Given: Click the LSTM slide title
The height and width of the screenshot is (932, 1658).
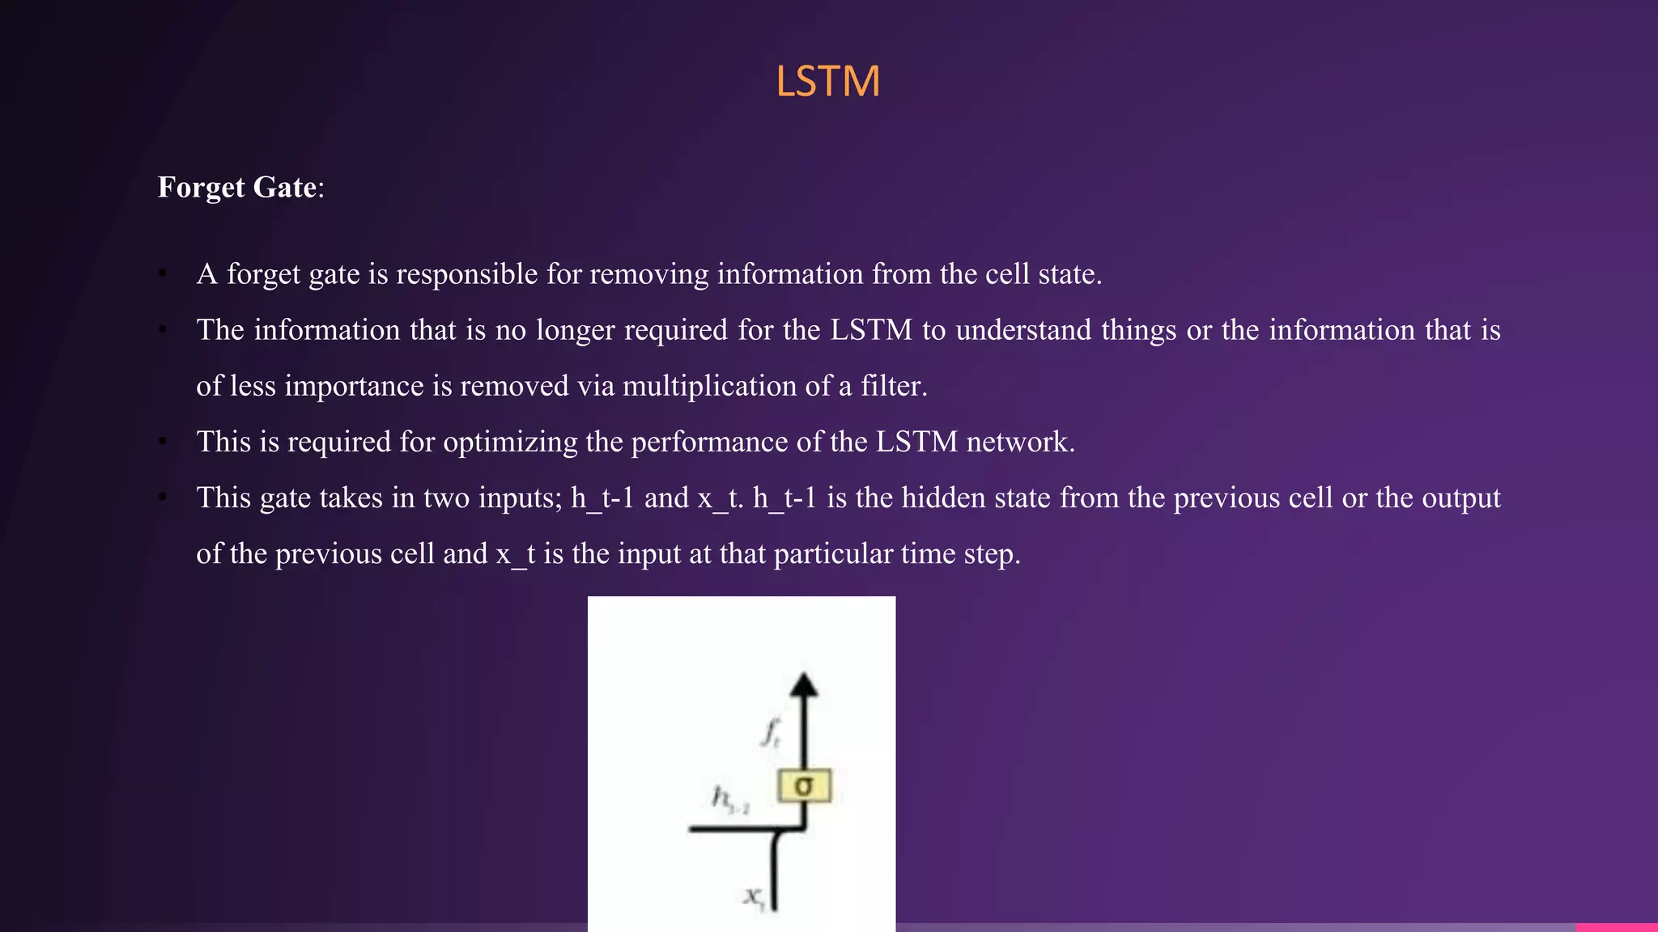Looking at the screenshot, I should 827,82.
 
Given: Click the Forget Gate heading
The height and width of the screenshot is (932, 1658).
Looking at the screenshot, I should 240,188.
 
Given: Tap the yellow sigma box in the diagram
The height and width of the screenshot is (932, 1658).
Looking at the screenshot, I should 804,786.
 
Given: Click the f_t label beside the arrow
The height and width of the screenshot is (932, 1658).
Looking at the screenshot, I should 771,732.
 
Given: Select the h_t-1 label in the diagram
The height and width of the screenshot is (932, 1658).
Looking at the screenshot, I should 729,799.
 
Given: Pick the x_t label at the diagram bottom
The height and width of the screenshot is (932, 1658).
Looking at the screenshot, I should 755,896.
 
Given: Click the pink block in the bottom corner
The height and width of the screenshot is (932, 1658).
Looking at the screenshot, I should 1617,927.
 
